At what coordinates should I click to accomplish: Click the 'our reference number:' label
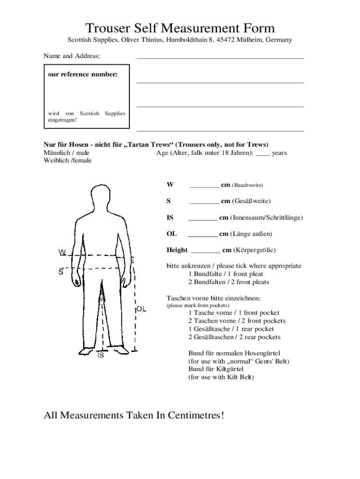click(82, 74)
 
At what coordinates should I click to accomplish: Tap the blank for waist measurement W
click(204, 186)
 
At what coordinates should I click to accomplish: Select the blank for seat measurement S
click(204, 203)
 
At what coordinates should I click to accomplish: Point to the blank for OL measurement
click(202, 235)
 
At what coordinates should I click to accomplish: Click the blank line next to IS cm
click(202, 219)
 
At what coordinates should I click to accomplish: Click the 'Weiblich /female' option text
click(67, 160)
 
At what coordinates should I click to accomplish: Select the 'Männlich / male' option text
click(66, 152)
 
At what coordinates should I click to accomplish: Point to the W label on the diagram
click(62, 253)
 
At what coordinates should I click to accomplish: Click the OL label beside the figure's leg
click(142, 309)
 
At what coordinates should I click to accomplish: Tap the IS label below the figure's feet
click(100, 356)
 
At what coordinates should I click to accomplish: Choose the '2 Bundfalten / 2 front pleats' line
click(229, 282)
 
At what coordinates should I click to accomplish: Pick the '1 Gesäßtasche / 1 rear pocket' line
click(231, 329)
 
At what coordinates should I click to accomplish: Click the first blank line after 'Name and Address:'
click(220, 58)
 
